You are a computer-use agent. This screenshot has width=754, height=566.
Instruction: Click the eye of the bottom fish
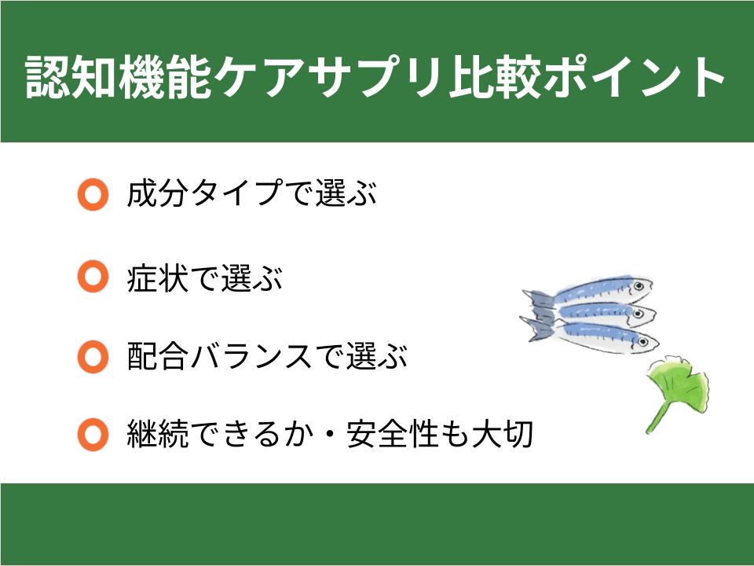click(645, 340)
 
